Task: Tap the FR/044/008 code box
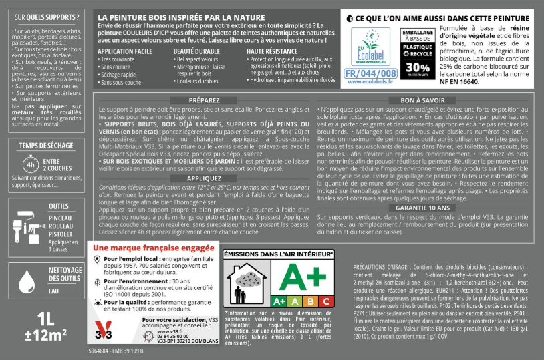(x=370, y=73)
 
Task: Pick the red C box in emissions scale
(x=326, y=301)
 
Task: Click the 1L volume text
(x=45, y=317)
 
